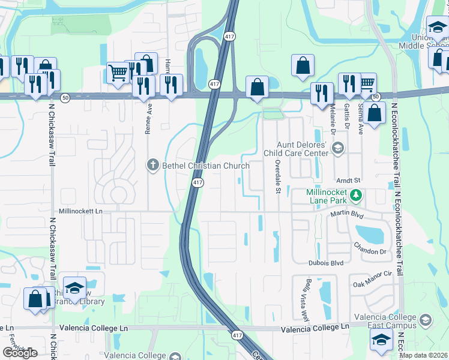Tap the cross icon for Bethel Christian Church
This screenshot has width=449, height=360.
(153, 165)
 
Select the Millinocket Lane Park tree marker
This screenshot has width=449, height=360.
(356, 194)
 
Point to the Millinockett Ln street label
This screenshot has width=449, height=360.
(81, 211)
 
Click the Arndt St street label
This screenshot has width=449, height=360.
(348, 180)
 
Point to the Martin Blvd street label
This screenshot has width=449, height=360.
(348, 214)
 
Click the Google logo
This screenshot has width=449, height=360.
(20, 353)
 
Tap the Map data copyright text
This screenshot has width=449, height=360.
(424, 355)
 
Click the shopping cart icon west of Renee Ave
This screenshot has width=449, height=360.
(118, 73)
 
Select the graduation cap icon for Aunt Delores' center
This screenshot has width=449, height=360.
(338, 148)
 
